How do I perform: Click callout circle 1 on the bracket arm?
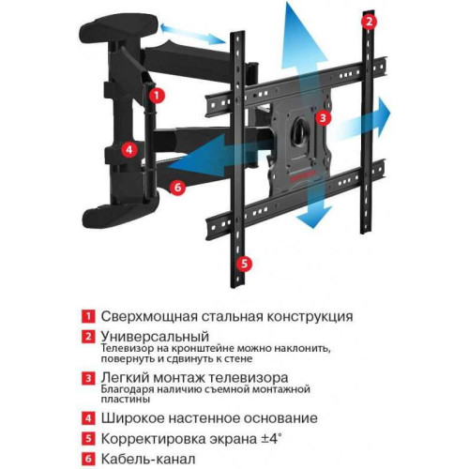click(x=157, y=95)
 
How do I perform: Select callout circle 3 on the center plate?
click(x=323, y=118)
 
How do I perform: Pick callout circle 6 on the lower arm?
click(x=178, y=186)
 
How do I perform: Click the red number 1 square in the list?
click(x=86, y=315)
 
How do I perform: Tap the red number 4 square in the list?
click(x=86, y=417)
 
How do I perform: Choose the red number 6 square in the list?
click(x=86, y=460)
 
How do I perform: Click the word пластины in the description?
click(x=130, y=397)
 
